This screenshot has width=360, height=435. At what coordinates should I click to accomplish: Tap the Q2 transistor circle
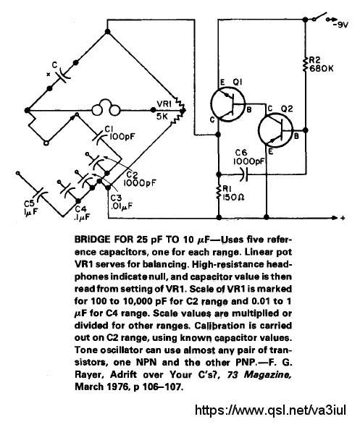pyautogui.click(x=276, y=130)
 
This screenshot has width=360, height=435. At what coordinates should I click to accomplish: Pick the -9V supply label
pyautogui.click(x=340, y=25)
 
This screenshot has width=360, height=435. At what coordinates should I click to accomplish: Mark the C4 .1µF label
pyautogui.click(x=82, y=213)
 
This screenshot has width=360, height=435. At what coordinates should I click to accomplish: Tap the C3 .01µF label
pyautogui.click(x=121, y=202)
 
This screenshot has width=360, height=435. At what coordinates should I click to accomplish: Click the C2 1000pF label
pyautogui.click(x=140, y=179)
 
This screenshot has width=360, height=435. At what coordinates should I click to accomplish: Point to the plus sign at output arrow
pyautogui.click(x=343, y=218)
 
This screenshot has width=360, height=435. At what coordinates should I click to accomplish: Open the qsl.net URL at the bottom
pyautogui.click(x=271, y=410)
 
